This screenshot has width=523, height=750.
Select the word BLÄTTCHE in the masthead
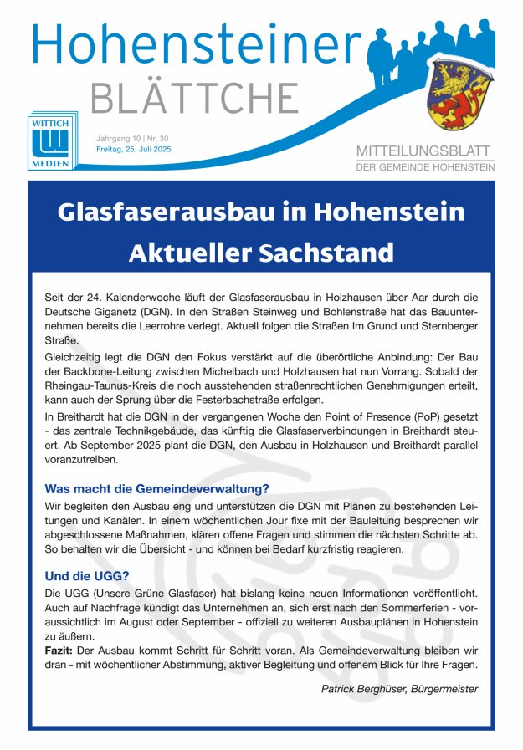click(x=194, y=99)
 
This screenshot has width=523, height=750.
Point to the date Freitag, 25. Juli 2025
click(x=134, y=149)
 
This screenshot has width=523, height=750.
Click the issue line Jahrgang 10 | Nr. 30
click(x=132, y=137)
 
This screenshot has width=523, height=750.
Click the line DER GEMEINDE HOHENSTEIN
click(x=425, y=167)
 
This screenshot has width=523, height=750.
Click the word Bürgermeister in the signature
click(x=444, y=689)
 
